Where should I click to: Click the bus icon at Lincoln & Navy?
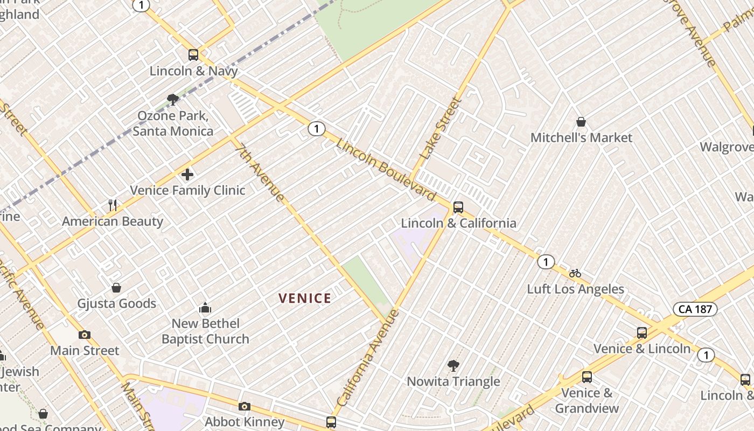(193, 54)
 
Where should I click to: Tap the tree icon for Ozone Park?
(173, 99)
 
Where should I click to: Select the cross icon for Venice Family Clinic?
(187, 174)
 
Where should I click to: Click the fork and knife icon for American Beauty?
(113, 205)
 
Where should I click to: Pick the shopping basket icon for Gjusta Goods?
(116, 288)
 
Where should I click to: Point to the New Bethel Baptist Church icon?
(205, 308)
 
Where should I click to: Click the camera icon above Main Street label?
(85, 335)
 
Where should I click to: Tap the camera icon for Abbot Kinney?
(245, 406)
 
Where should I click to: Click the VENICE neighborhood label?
(305, 298)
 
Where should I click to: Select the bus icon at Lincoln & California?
(458, 207)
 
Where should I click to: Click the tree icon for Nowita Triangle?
(453, 366)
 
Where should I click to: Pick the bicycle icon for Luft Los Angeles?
(575, 273)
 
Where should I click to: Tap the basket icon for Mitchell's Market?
(581, 122)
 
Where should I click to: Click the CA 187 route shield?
(695, 309)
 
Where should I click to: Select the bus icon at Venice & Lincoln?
(642, 332)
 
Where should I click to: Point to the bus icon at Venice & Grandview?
(587, 377)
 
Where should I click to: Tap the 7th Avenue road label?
(260, 172)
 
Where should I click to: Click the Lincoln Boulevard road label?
(386, 169)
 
